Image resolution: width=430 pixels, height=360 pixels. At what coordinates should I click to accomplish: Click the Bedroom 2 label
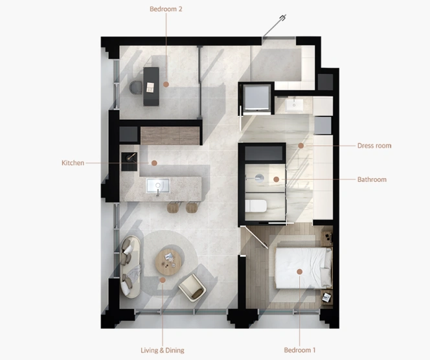pyautogui.click(x=166, y=9)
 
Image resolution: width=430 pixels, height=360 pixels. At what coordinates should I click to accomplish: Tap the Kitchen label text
pyautogui.click(x=73, y=163)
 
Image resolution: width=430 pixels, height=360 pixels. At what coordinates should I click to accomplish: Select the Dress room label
pyautogui.click(x=374, y=146)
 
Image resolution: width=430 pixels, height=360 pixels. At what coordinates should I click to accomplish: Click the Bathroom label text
pyautogui.click(x=372, y=179)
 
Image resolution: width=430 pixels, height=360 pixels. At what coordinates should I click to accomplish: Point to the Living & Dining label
pyautogui.click(x=163, y=350)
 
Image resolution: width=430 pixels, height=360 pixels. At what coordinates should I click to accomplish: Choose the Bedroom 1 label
pyautogui.click(x=299, y=350)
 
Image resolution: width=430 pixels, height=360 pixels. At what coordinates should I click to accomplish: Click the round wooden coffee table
pyautogui.click(x=168, y=262)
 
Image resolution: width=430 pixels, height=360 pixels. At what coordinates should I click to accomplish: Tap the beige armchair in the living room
pyautogui.click(x=192, y=287)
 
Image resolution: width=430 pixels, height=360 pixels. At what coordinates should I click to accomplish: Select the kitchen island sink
pyautogui.click(x=157, y=186)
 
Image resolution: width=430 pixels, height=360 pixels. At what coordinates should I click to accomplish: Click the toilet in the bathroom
pyautogui.click(x=256, y=206)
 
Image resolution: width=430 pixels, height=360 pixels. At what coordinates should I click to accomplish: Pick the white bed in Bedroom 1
pyautogui.click(x=303, y=268)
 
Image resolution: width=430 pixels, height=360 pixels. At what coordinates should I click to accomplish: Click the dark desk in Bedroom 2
pyautogui.click(x=151, y=86)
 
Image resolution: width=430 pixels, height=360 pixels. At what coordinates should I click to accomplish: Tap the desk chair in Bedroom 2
pyautogui.click(x=135, y=87)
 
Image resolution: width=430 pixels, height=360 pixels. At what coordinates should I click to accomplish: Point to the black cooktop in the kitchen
pyautogui.click(x=129, y=162)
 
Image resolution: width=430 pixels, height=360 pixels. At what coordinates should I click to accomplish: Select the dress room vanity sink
pyautogui.click(x=294, y=106)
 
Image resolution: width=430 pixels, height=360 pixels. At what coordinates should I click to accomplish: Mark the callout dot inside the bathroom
pyautogui.click(x=276, y=179)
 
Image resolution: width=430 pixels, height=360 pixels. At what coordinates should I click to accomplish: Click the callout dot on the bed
pyautogui.click(x=299, y=272)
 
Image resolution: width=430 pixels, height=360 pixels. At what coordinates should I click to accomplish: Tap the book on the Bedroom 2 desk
pyautogui.click(x=150, y=87)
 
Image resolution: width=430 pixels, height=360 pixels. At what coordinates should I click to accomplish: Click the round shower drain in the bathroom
pyautogui.click(x=259, y=178)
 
